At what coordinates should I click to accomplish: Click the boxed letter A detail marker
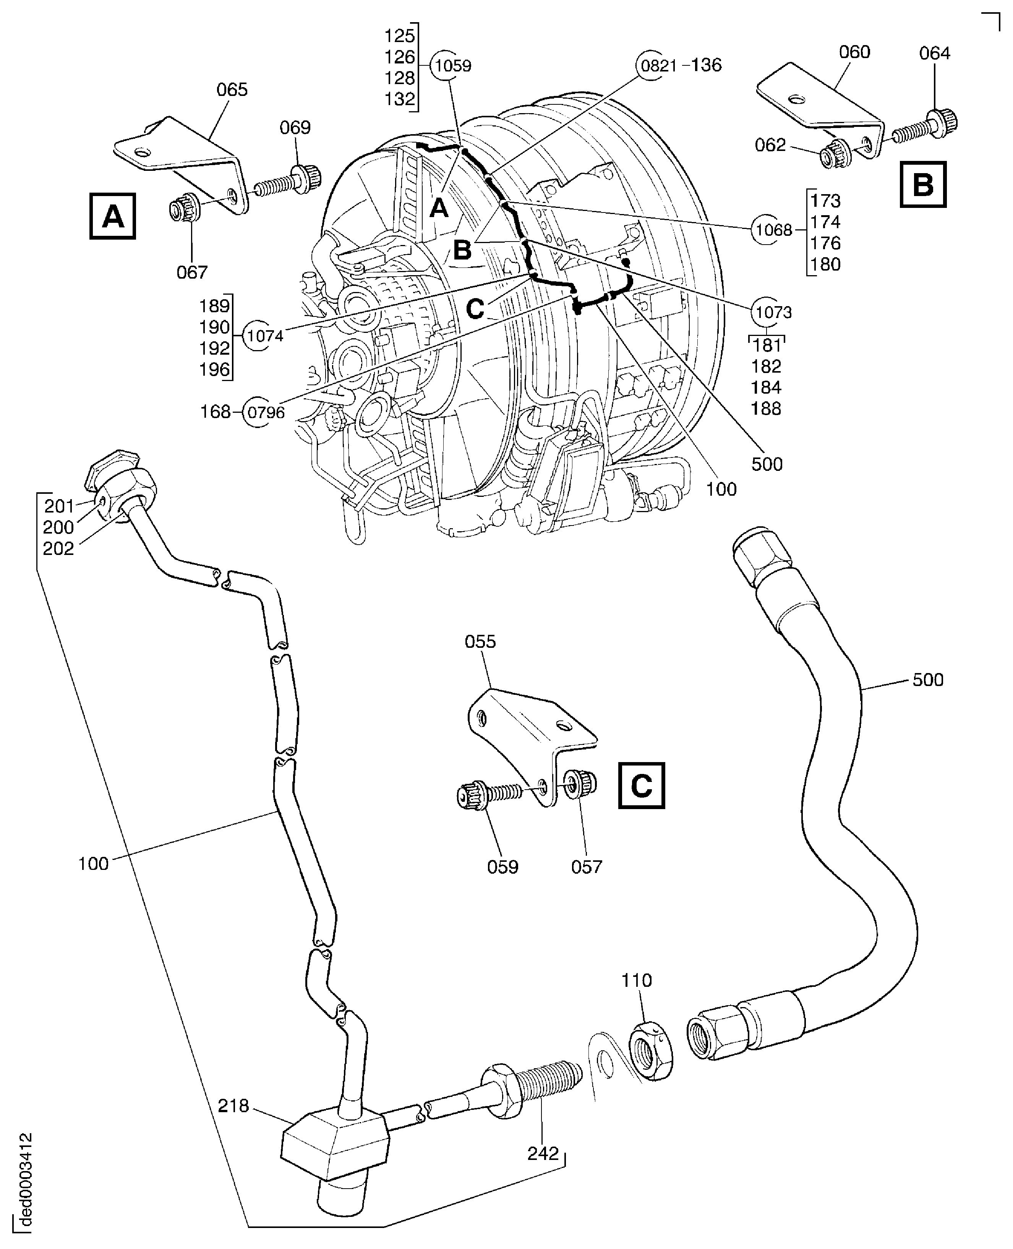coord(113,217)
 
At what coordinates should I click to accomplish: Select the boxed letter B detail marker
coord(922,185)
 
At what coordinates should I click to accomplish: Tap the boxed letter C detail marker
coord(641,785)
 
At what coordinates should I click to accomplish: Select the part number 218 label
coord(233,1106)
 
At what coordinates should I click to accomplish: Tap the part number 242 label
coord(543,1154)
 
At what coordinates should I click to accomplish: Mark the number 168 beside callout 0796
coord(215,412)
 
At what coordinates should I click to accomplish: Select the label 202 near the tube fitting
coord(58,548)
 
